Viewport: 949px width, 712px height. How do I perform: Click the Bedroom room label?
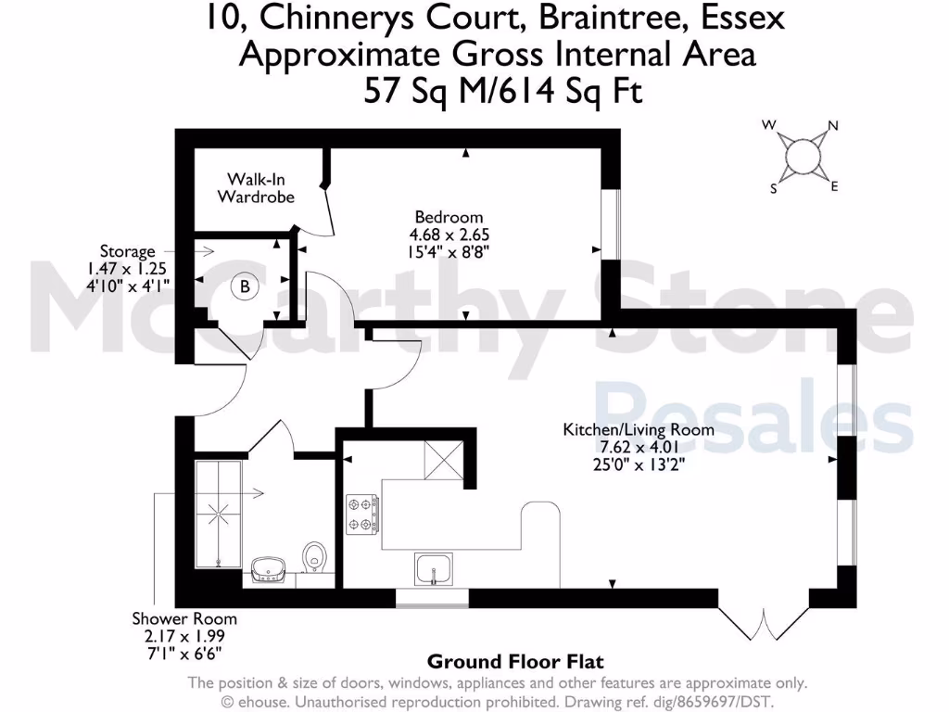click(x=435, y=217)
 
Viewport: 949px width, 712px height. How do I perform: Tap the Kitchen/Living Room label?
click(x=639, y=429)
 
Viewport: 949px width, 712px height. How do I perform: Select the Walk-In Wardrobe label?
click(x=256, y=188)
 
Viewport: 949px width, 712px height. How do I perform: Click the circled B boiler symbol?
click(x=245, y=288)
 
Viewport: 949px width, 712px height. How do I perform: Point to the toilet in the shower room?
click(x=315, y=558)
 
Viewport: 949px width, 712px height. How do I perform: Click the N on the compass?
click(x=832, y=126)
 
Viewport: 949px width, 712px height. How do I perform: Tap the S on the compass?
click(x=773, y=188)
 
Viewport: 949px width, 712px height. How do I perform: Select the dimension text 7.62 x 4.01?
click(x=639, y=447)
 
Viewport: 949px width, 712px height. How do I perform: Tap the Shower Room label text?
click(x=184, y=618)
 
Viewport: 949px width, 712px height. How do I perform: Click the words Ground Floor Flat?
click(x=515, y=662)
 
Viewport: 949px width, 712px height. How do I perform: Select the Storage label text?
click(x=128, y=251)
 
